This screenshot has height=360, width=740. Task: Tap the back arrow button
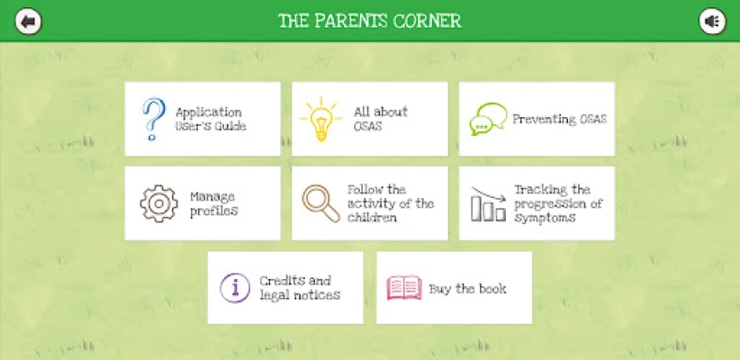pos(28,22)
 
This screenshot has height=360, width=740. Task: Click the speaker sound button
pos(712,22)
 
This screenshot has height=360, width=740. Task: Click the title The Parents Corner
pos(370,22)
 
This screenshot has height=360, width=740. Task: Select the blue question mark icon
pos(153,119)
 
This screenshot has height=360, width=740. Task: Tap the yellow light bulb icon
pos(320,119)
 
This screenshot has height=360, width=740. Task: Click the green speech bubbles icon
pos(488,120)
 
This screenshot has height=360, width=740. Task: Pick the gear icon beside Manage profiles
pos(159,203)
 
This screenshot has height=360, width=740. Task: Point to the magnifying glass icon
pos(320,203)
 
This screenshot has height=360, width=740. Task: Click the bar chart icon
pos(489,203)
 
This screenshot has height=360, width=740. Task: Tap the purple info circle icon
pos(235,288)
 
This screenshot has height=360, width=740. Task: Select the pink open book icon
pos(404,288)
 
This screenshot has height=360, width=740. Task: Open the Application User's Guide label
pos(211,120)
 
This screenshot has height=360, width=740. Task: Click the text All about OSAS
pos(381,119)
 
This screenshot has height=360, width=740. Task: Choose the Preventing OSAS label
pos(560,119)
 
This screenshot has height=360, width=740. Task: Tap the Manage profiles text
pos(213,203)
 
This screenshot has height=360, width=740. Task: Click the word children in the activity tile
pos(372,218)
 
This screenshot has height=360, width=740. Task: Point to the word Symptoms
pos(545,218)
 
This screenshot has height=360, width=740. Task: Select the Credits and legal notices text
pos(300,288)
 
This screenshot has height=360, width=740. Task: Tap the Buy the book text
pos(467,288)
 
